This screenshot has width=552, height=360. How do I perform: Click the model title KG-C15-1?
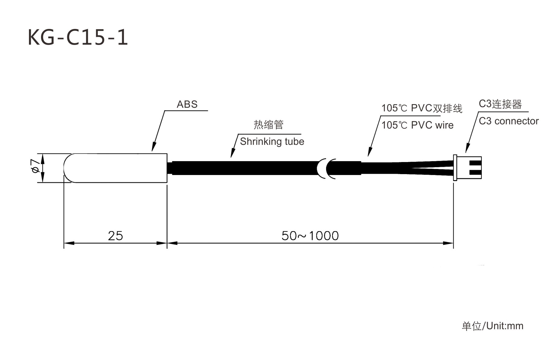tap(78, 37)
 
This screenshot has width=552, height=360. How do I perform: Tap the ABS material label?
tap(187, 104)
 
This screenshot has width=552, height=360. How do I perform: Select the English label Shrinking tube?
tap(272, 142)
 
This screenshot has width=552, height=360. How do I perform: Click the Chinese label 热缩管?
tap(268, 125)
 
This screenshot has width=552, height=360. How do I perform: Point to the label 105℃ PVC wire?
tap(417, 125)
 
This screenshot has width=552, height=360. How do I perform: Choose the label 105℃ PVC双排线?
tap(422, 108)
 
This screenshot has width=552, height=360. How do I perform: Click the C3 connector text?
tap(509, 121)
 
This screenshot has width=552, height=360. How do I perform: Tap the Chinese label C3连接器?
tap(500, 104)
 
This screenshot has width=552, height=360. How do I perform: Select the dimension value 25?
tap(115, 236)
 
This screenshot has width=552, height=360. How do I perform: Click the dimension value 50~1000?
tap(310, 236)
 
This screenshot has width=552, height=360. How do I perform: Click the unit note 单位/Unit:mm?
tap(493, 326)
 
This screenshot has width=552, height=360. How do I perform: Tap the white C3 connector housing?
tap(467, 168)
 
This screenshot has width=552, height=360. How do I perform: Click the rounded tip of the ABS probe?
tap(67, 168)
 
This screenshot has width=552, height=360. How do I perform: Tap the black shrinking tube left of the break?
tap(244, 168)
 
